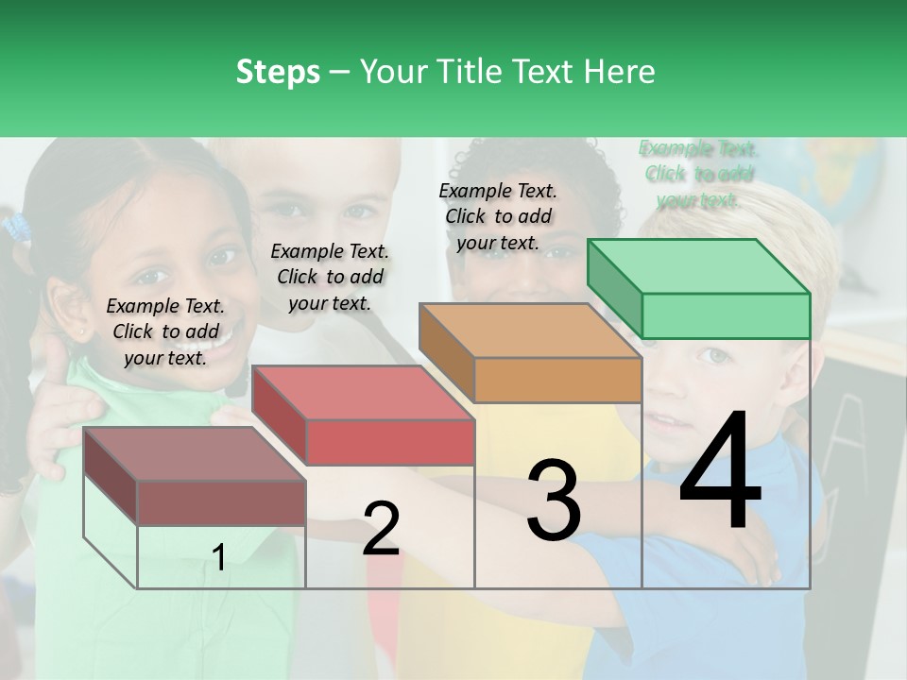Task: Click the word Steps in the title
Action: coord(278,72)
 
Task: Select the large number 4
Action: coord(720,472)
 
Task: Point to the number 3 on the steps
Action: coord(554,501)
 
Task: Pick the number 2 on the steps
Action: coord(381,529)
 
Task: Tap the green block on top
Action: coord(699,288)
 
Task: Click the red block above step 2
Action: coord(364,416)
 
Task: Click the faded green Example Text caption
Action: coord(699,175)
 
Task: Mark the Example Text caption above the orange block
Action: coord(498,216)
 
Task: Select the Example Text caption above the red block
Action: coord(330,277)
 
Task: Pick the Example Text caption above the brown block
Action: coord(165,331)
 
